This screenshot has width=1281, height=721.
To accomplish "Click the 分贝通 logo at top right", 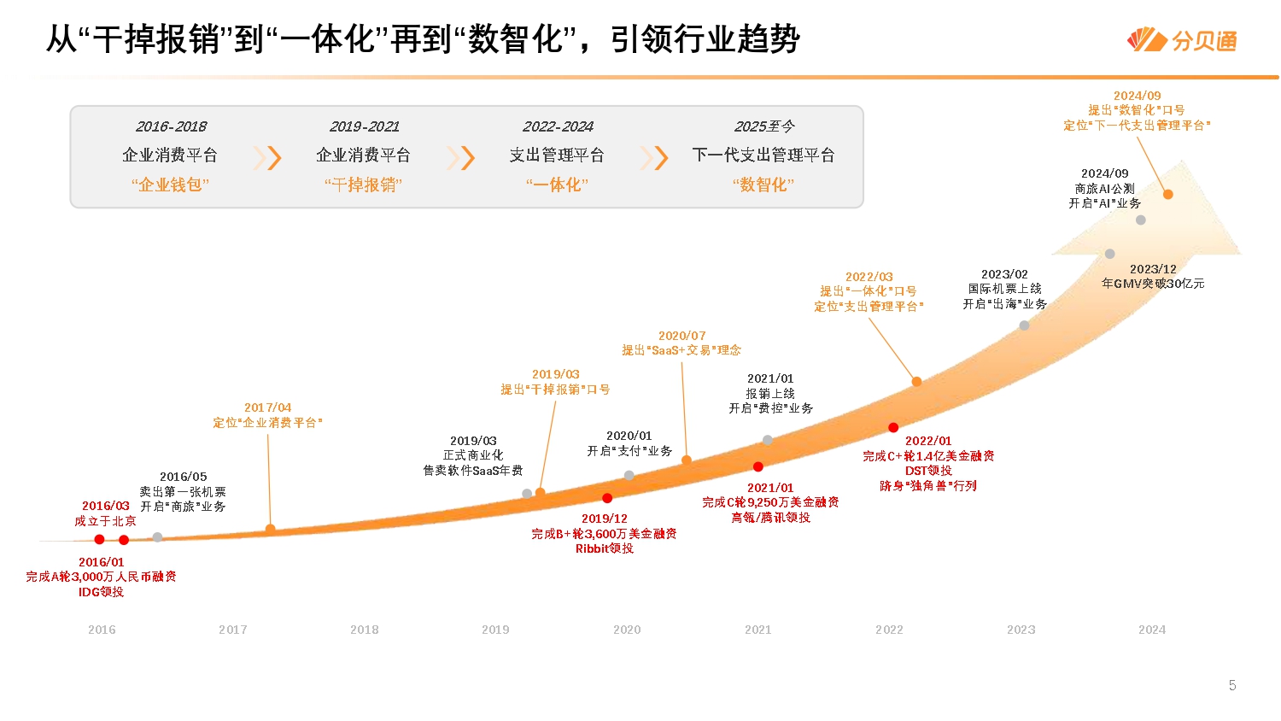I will coord(1183,40).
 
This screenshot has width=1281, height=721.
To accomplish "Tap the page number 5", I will coord(1231,685).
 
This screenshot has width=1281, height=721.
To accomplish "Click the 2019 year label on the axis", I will coord(495,630).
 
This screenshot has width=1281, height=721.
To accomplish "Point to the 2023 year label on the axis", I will coord(1021,630).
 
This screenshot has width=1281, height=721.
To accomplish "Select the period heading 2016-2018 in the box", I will coord(171,126).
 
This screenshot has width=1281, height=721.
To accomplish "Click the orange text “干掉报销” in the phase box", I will coord(363,185).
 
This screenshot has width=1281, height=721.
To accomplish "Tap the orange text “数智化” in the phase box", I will coord(763,185).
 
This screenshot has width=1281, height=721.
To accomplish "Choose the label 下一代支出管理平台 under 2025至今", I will coord(763,155).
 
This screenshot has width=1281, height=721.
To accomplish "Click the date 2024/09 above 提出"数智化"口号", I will coord(1137,96).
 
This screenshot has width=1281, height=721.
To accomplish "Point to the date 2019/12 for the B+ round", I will coord(604,519).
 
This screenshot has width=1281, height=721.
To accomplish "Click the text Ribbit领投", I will coord(604,548).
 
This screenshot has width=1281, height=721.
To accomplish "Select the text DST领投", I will coord(928,471).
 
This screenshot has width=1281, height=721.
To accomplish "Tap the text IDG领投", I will coord(101,592).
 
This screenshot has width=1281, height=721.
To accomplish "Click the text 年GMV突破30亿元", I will coord(1153,284).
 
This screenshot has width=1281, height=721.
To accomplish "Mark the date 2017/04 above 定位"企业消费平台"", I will coord(267,407).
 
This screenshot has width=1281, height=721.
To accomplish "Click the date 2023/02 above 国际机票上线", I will coord(1004,274).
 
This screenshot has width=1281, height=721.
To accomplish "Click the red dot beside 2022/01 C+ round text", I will coord(893,427).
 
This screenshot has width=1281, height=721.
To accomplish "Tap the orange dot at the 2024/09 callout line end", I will coord(1168,195).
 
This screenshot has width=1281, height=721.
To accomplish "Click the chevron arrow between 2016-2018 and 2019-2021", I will coord(268,157).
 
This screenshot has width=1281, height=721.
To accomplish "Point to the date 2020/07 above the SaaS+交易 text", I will coord(681,336).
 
